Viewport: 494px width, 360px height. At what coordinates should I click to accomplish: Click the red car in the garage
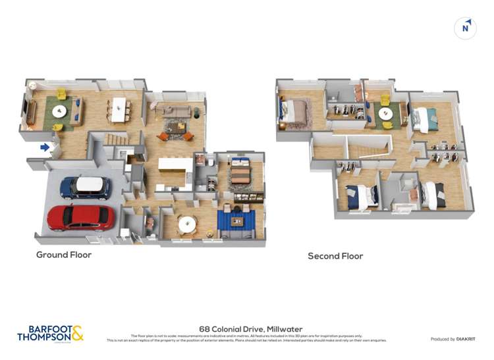pyautogui.click(x=80, y=217)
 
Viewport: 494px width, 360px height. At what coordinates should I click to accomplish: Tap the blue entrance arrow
pyautogui.click(x=45, y=147)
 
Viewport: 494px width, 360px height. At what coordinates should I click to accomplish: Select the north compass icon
pyautogui.click(x=466, y=28)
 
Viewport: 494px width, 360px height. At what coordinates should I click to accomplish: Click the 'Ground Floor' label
pyautogui.click(x=64, y=255)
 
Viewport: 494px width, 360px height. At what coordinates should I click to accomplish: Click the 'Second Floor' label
pyautogui.click(x=335, y=256)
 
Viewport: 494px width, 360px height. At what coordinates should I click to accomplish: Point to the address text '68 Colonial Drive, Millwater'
pyautogui.click(x=246, y=327)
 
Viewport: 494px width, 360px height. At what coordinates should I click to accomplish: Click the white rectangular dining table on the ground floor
pyautogui.click(x=119, y=109)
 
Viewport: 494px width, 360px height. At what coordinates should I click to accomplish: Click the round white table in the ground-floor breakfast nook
pyautogui.click(x=187, y=224)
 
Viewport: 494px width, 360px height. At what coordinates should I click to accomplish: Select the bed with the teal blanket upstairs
pyautogui.click(x=425, y=119)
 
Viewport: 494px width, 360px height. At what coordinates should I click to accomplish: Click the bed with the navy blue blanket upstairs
pyautogui.click(x=361, y=195)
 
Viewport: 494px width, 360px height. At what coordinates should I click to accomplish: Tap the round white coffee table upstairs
pyautogui.click(x=387, y=114)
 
